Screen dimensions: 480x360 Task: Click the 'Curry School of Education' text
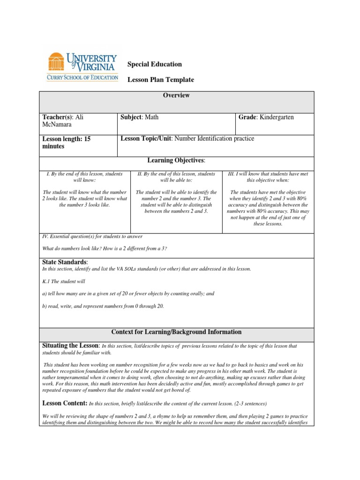(82, 77)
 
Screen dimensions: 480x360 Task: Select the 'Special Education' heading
(155, 64)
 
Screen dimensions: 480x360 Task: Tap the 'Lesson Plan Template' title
(161, 80)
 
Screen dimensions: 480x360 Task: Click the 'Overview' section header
(176, 95)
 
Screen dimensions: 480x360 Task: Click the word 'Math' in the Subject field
(151, 117)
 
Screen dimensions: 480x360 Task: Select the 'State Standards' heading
(65, 262)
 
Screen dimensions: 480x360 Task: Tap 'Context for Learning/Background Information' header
(176, 332)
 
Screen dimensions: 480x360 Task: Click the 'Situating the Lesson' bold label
(71, 345)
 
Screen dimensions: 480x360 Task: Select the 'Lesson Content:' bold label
(64, 403)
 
